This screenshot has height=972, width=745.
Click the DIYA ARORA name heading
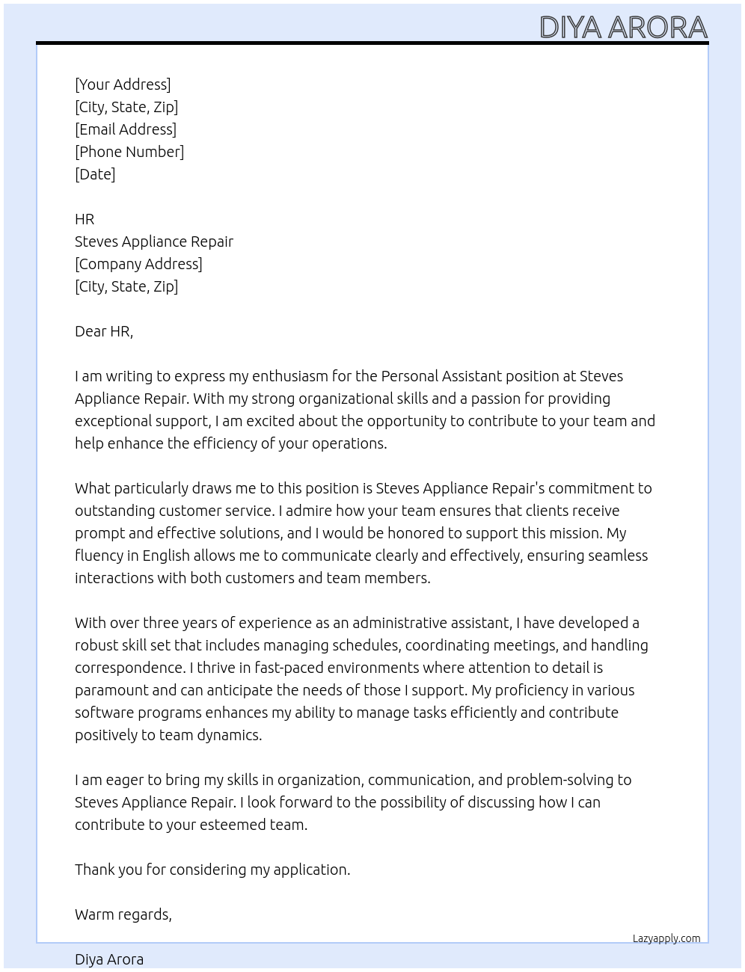pos(623,27)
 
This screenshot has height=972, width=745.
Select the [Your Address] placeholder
pos(123,84)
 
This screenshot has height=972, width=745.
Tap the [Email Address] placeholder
pos(126,129)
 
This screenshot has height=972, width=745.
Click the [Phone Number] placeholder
pos(129,152)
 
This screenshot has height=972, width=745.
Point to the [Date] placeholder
pos(95,174)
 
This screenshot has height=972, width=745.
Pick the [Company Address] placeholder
pos(138,264)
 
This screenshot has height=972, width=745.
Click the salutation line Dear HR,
pos(104,331)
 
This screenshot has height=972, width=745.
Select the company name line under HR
pos(154,242)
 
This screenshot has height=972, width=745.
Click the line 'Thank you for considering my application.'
pos(212,870)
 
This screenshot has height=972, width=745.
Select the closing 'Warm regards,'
pos(123,914)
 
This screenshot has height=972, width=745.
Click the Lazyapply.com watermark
pos(666,938)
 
